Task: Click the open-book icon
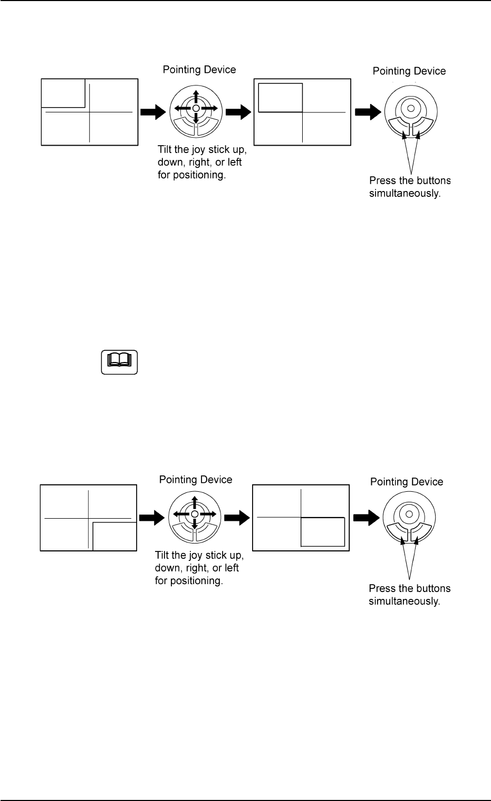coord(119,361)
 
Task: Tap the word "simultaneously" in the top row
coord(405,193)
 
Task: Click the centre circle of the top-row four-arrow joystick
coord(196,108)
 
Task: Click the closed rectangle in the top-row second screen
coord(280,98)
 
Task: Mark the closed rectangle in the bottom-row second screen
coord(323,532)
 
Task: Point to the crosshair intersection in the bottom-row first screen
coord(89,518)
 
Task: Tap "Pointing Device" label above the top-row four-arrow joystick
coord(199,70)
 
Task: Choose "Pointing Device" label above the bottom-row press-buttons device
coord(407,482)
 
